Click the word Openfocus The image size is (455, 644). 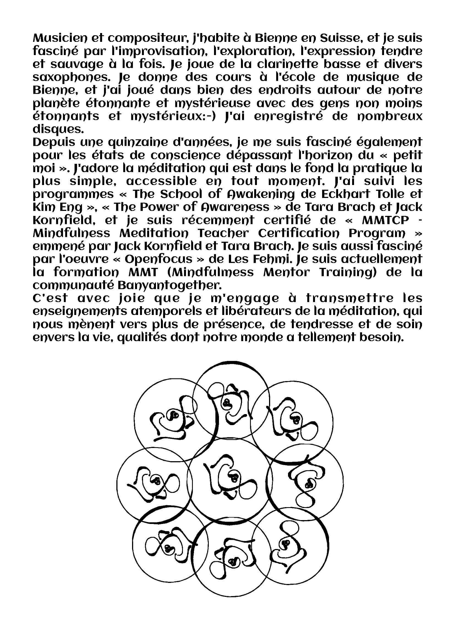(158, 259)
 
